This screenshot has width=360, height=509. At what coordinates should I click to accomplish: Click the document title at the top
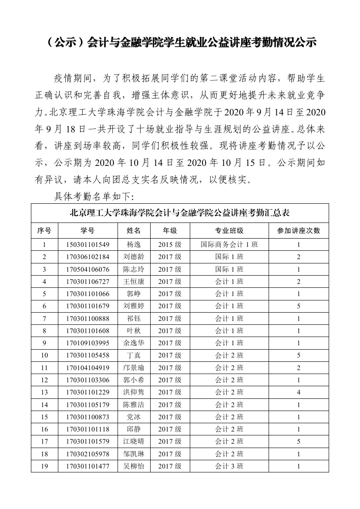coord(180,43)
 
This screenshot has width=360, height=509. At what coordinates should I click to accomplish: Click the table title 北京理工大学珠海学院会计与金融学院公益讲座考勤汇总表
coord(180,213)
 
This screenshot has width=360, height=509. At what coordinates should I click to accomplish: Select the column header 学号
coord(87,230)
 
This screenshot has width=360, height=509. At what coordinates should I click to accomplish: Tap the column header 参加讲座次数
coord(298,230)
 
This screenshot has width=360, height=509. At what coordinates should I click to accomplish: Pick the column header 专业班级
coord(229,230)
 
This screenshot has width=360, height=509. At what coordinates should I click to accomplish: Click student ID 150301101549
coord(87,245)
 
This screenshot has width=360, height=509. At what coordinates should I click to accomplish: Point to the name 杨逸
coord(134,245)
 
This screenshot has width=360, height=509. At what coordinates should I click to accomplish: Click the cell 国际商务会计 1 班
coord(229,245)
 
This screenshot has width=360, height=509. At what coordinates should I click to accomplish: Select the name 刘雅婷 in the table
coord(134,306)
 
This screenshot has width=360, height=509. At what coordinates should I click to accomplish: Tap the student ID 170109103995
coord(87,343)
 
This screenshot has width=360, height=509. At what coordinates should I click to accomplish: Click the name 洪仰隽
coord(134,392)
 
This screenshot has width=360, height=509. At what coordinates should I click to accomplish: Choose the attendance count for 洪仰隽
coord(298,392)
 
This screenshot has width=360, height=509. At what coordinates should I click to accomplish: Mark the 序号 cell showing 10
coord(44,355)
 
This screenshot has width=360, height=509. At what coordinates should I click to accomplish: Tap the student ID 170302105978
coord(87,454)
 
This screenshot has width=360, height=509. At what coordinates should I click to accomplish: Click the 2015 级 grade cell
coord(170,245)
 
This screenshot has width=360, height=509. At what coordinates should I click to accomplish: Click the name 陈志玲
coord(134,269)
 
